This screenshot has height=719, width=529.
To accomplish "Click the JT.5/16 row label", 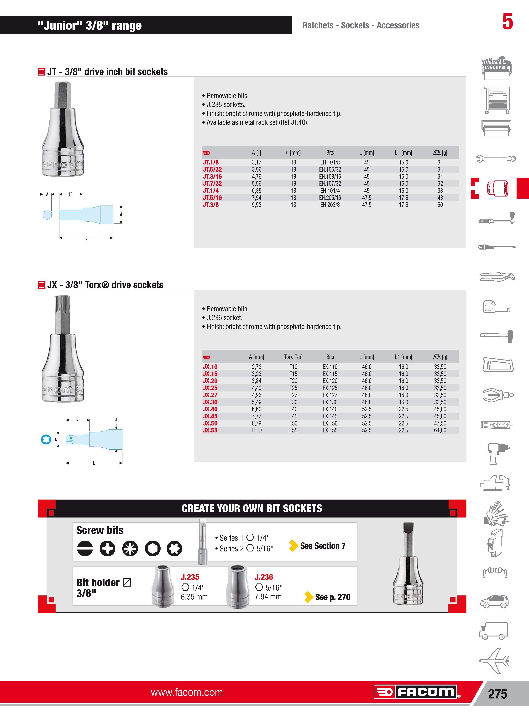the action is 212,198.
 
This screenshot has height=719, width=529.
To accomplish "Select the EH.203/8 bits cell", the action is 330,205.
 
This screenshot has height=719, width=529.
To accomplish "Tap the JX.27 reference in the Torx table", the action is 210,395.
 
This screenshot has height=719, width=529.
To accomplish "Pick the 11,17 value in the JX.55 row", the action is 257,430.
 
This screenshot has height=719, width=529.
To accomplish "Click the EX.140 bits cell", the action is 330,409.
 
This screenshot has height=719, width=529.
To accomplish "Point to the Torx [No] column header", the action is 293,357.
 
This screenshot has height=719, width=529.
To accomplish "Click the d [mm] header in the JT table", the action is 293,153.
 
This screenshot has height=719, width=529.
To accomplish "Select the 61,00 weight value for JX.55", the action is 440,430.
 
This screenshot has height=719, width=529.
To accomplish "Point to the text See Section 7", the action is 323,546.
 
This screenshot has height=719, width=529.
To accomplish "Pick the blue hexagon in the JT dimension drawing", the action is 47,215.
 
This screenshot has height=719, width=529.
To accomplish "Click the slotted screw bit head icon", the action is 85,548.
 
